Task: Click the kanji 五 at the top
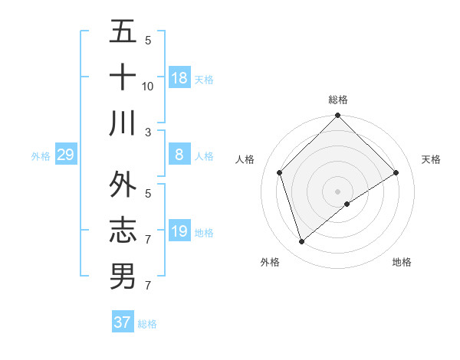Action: tap(123, 34)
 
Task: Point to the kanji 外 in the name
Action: tap(123, 185)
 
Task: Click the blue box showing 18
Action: tap(179, 78)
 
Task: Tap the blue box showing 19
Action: tap(179, 231)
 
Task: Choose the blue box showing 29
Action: tap(65, 155)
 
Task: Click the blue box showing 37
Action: tap(122, 322)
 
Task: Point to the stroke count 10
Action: tap(148, 86)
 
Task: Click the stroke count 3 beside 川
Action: tap(148, 132)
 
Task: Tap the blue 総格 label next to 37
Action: tap(147, 324)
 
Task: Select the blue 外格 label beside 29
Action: tap(41, 156)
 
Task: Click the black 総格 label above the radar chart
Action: tap(337, 100)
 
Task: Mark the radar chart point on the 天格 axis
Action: tap(396, 172)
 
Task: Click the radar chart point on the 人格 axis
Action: tap(280, 172)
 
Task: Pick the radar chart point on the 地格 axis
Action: tap(347, 204)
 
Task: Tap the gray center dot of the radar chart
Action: tap(337, 191)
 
